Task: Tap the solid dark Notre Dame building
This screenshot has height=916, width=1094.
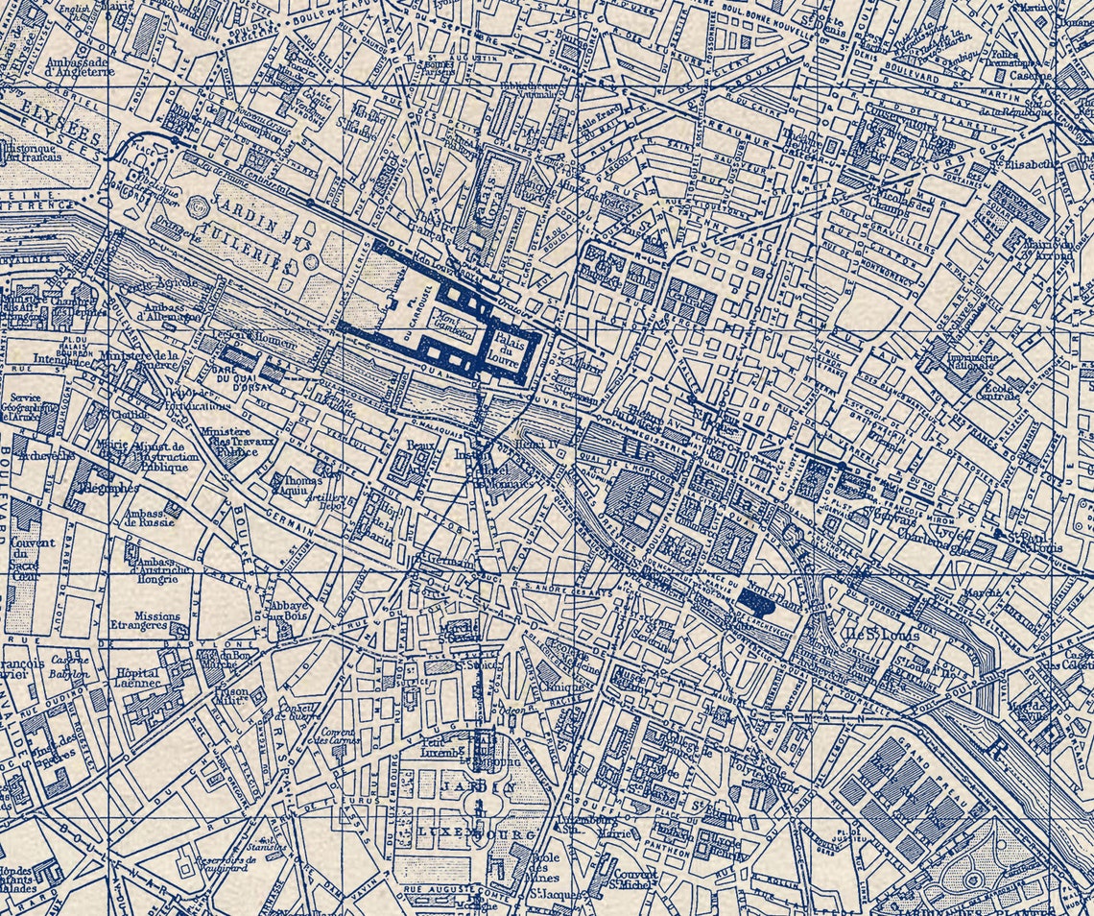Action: click(758, 601)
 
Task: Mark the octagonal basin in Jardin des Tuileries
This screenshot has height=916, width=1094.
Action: click(199, 205)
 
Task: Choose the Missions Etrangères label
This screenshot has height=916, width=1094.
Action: click(156, 622)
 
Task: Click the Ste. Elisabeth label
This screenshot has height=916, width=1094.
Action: click(1056, 163)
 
